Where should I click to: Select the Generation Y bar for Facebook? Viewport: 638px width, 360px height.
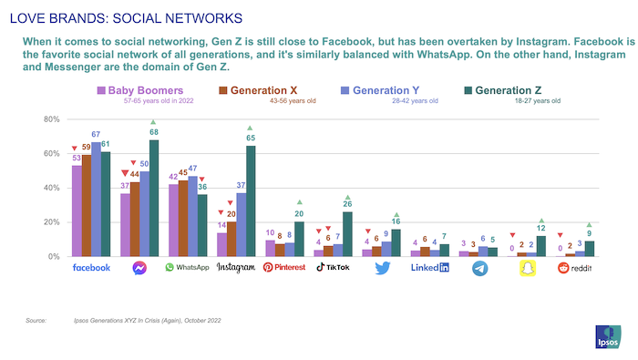(x=96, y=199)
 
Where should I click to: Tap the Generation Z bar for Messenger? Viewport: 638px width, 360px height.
(x=153, y=198)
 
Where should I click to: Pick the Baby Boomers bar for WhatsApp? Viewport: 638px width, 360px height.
(x=173, y=220)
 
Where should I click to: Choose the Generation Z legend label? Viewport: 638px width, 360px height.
(x=513, y=90)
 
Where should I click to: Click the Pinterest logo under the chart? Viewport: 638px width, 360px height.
(x=283, y=268)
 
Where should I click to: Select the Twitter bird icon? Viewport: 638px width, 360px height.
(x=381, y=268)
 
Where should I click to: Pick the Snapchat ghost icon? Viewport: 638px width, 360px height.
(x=525, y=268)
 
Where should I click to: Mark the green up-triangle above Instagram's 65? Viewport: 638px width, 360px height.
(x=249, y=128)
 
